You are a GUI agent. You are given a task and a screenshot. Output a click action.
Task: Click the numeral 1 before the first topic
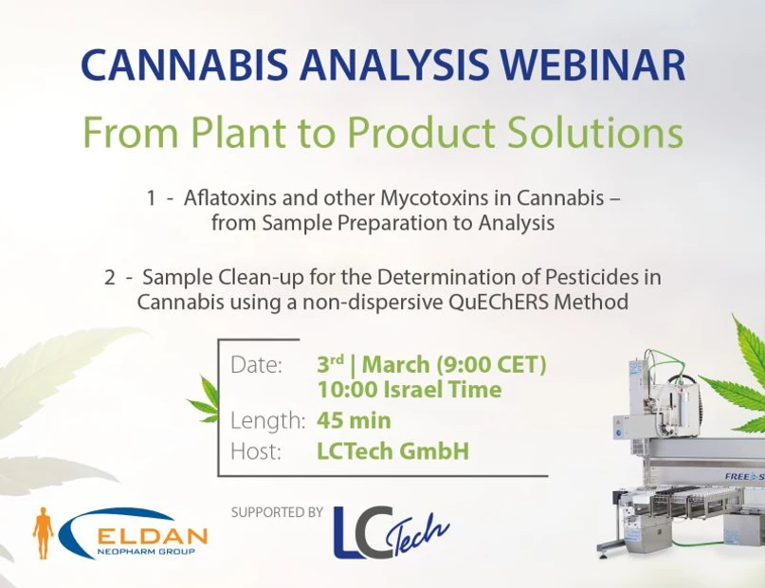pos(151,199)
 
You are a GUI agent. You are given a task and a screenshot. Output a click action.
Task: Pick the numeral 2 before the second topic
pos(110,277)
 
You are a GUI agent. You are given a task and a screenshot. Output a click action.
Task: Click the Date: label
pos(257,365)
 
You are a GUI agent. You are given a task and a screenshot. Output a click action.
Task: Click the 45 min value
pos(354,420)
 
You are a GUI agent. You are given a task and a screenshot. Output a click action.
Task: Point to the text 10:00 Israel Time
pos(409,390)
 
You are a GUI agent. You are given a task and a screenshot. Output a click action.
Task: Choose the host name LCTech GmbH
pos(392,451)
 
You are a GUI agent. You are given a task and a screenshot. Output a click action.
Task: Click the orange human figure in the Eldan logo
pos(43,532)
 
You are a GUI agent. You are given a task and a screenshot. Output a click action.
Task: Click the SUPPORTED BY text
pos(277,512)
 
